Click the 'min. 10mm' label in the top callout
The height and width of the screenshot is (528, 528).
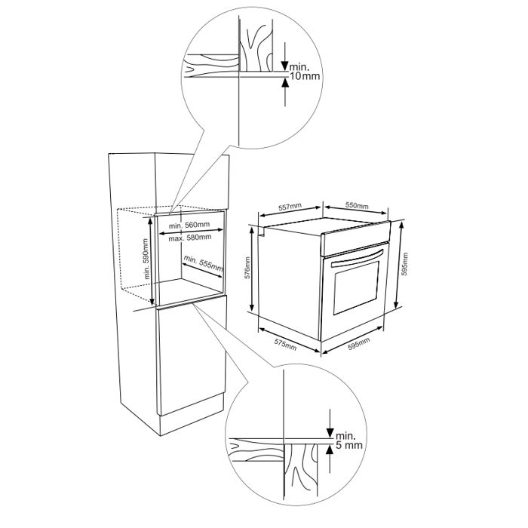tap(305, 72)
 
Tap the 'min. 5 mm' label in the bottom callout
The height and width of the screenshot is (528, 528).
tap(348, 441)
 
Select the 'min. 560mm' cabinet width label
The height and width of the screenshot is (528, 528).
tap(189, 225)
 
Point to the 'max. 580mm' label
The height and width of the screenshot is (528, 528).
tap(190, 238)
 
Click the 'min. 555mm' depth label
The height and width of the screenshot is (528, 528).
tap(204, 263)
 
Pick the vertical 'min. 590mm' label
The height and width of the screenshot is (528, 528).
tap(146, 259)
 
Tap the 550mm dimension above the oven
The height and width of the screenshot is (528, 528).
tap(357, 205)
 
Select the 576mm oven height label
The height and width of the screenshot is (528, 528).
tap(247, 268)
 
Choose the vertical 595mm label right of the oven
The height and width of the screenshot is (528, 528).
tap(405, 264)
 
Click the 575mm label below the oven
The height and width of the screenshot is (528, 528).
tap(286, 345)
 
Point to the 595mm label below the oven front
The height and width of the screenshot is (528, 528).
tap(358, 343)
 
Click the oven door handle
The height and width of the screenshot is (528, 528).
tap(358, 258)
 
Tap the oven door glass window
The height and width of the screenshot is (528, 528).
tap(356, 288)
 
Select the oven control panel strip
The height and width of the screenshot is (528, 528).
tap(355, 238)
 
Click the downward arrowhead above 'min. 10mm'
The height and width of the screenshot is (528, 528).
tap(285, 66)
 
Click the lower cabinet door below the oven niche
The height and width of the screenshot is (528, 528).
tap(192, 355)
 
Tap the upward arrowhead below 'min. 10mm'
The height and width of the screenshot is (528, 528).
tap(285, 83)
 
